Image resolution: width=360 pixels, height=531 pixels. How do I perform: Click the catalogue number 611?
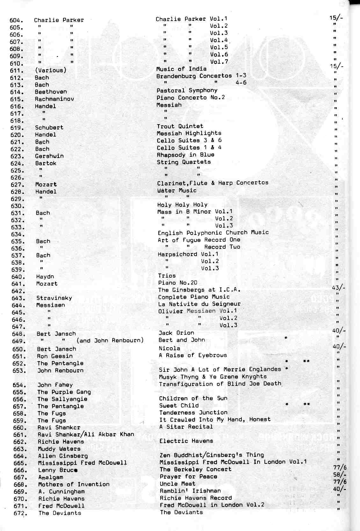(17, 71)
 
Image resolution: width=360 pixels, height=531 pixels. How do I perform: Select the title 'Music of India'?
(181, 69)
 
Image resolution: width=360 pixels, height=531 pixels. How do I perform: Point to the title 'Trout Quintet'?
(180, 126)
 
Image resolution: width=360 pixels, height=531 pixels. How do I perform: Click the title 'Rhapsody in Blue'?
(185, 155)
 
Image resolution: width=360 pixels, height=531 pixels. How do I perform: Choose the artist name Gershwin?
(49, 156)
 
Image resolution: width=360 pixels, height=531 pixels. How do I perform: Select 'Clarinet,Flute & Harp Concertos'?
(212, 183)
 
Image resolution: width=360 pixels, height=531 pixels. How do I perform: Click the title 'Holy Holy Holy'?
(182, 205)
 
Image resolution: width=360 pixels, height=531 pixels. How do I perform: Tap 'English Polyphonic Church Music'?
(213, 233)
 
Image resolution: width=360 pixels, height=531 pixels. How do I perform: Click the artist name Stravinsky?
(54, 298)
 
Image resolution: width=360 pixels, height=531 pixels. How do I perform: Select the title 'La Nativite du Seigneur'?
(199, 304)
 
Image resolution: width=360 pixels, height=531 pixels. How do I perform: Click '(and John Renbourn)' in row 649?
(110, 340)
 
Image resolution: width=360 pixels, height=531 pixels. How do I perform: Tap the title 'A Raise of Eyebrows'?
(193, 355)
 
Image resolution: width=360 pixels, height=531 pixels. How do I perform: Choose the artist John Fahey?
(55, 385)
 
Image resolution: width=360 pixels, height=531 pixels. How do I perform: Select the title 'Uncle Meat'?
(177, 484)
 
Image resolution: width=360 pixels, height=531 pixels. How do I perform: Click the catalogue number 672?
(20, 513)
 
